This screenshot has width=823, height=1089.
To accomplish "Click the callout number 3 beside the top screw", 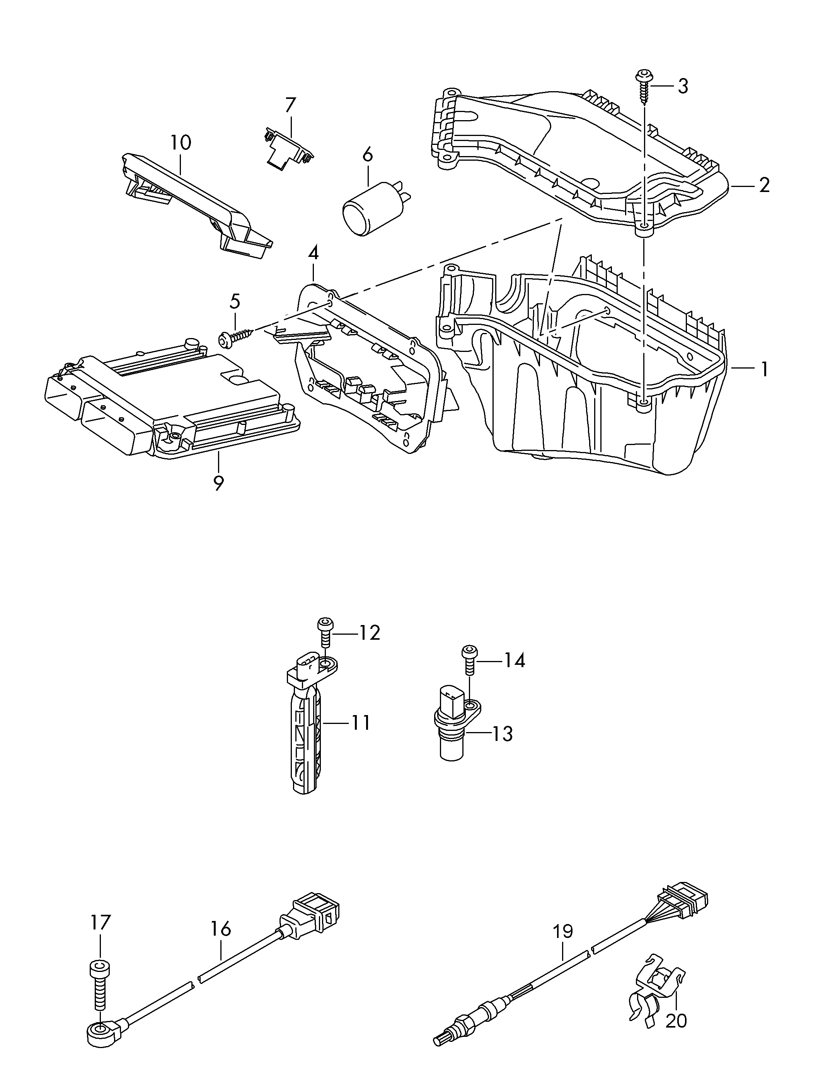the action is (682, 86).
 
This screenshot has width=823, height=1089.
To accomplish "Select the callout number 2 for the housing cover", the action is (764, 185).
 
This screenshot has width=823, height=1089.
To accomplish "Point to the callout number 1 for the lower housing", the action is (764, 369).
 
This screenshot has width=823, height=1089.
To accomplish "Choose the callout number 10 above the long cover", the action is (181, 143).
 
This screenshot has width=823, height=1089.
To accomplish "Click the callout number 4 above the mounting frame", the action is (313, 253).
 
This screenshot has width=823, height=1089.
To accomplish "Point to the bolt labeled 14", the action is (469, 660).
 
